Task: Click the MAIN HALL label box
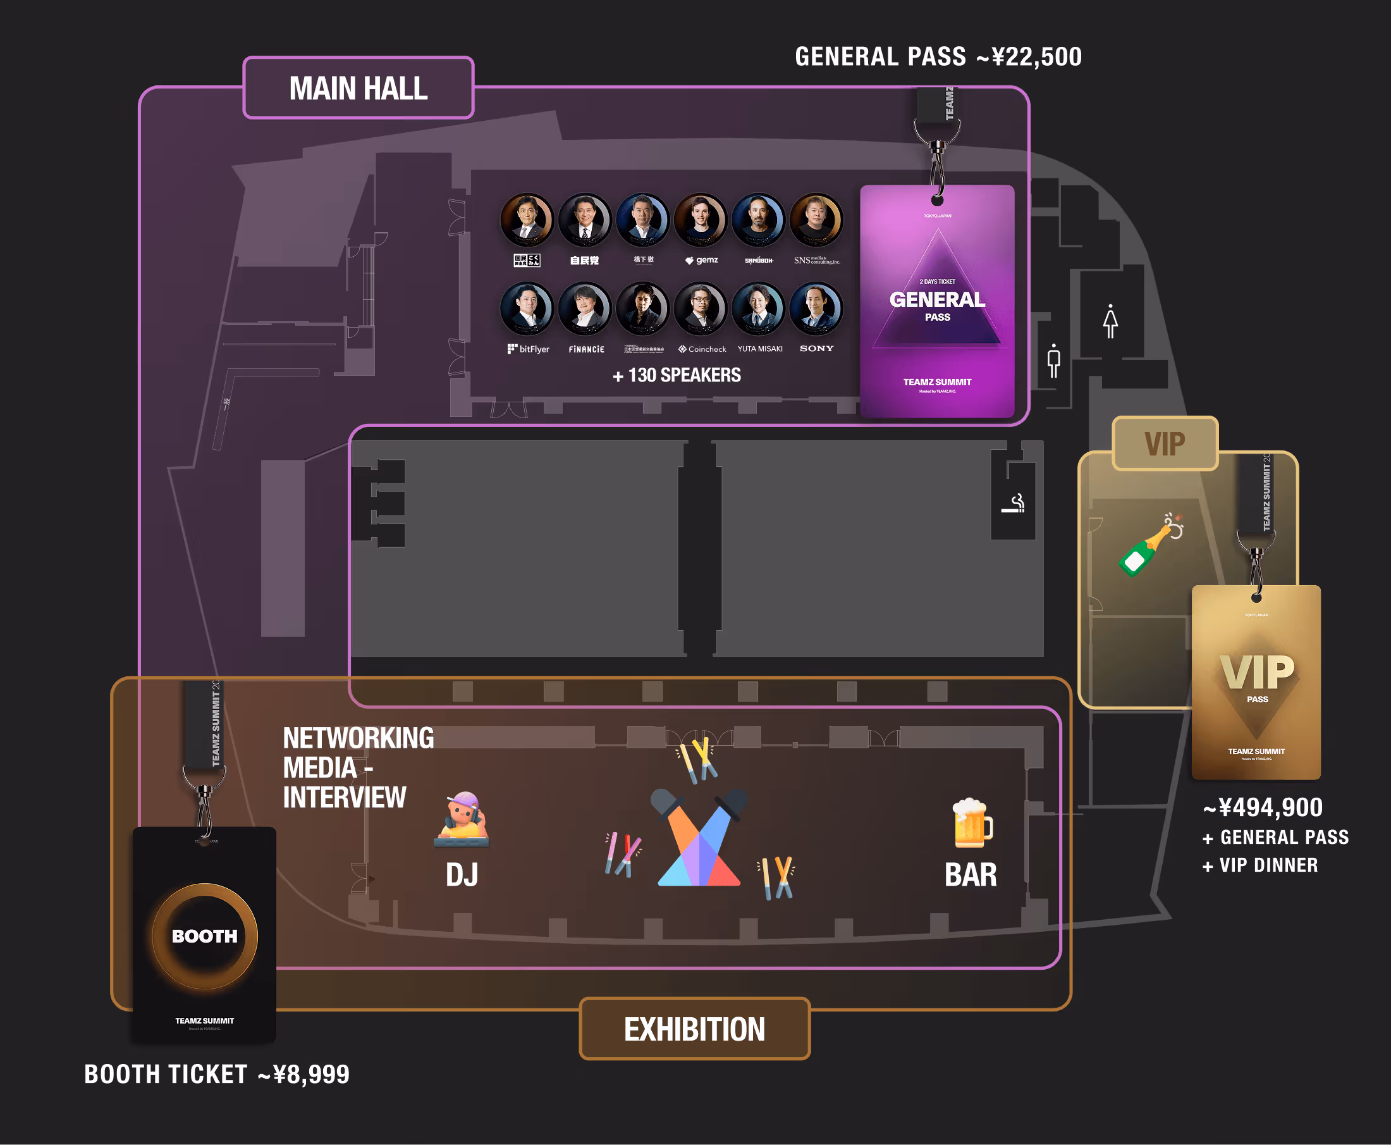click(x=358, y=88)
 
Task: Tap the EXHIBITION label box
click(x=694, y=1029)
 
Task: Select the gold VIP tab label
click(x=1164, y=443)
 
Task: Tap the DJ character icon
click(x=462, y=819)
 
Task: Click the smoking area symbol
click(x=1014, y=504)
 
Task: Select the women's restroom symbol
click(x=1110, y=321)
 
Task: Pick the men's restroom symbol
click(x=1053, y=360)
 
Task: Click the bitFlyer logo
click(x=528, y=349)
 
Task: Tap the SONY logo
click(x=816, y=349)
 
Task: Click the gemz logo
click(x=701, y=260)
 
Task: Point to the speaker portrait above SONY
click(x=816, y=308)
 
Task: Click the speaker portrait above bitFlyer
click(x=527, y=308)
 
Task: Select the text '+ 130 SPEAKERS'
click(x=677, y=375)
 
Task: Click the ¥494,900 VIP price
click(x=1263, y=807)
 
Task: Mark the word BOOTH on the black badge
click(x=204, y=936)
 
